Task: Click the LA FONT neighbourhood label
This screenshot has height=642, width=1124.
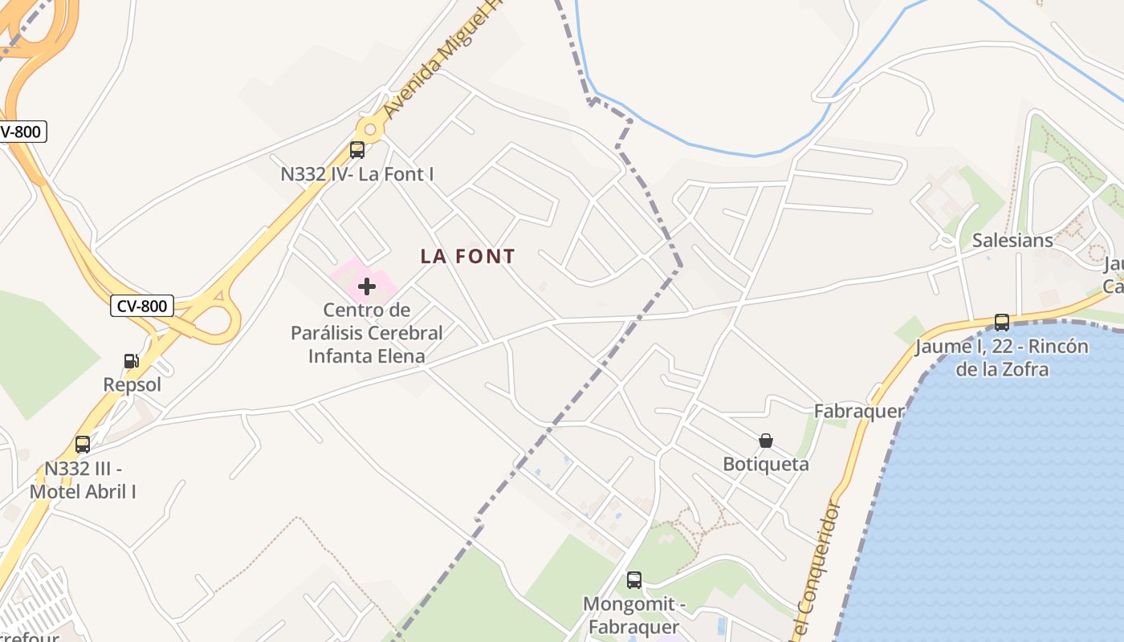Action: click(467, 257)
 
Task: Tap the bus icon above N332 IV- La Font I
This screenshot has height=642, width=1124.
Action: click(357, 150)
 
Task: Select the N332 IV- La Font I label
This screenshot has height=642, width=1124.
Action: click(357, 173)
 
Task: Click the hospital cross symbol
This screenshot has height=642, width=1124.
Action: click(367, 286)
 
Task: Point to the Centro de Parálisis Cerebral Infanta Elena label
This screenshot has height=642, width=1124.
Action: click(367, 333)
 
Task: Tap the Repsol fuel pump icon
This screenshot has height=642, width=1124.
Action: click(131, 362)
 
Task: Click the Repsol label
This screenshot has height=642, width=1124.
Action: click(132, 385)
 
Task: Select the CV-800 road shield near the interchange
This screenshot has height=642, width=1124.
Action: click(142, 306)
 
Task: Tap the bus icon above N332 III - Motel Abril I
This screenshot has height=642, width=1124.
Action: click(83, 445)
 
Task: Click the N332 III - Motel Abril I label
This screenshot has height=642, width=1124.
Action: click(83, 480)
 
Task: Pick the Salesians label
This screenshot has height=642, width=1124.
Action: click(1012, 241)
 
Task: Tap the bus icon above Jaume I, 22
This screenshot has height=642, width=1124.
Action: click(1002, 323)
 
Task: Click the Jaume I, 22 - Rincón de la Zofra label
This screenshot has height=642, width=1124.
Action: click(1002, 358)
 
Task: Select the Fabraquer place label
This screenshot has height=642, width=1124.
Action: click(859, 412)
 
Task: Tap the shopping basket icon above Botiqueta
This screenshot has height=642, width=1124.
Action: click(766, 441)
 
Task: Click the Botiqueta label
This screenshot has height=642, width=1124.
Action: click(766, 465)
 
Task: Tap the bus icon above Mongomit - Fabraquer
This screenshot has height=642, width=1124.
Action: click(634, 580)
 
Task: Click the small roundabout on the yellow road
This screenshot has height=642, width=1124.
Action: click(369, 128)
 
